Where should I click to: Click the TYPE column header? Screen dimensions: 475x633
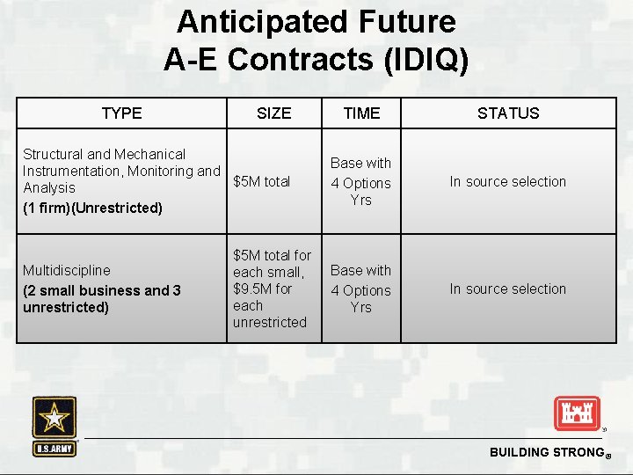pyautogui.click(x=121, y=113)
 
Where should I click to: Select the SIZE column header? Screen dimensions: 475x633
pyautogui.click(x=273, y=113)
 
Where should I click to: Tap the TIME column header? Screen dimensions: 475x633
pyautogui.click(x=361, y=113)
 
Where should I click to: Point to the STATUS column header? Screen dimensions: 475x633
pyautogui.click(x=508, y=113)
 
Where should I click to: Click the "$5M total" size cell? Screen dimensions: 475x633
pyautogui.click(x=262, y=181)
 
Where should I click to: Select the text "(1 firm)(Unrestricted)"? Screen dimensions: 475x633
pyautogui.click(x=92, y=208)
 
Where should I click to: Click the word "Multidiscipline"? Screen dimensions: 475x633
pyautogui.click(x=67, y=270)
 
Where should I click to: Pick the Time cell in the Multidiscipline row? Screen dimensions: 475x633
pyautogui.click(x=360, y=289)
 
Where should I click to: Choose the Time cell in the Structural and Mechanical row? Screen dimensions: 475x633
pyautogui.click(x=360, y=181)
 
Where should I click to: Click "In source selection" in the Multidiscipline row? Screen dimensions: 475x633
pyautogui.click(x=508, y=289)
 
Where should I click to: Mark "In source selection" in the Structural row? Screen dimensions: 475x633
pyautogui.click(x=508, y=181)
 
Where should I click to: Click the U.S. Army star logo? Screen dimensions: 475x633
pyautogui.click(x=55, y=426)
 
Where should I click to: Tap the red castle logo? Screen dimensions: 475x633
pyautogui.click(x=576, y=413)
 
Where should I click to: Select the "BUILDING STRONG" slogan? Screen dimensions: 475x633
pyautogui.click(x=544, y=452)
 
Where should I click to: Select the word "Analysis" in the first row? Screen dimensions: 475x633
pyautogui.click(x=49, y=187)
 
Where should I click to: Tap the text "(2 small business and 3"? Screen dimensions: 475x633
pyautogui.click(x=102, y=290)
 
